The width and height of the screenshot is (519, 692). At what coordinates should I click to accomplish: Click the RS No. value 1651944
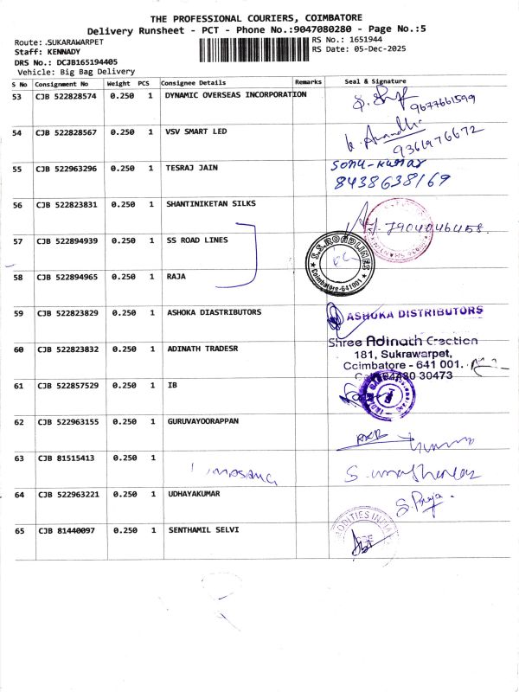(366, 40)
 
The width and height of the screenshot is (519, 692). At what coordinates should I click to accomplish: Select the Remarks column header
(308, 82)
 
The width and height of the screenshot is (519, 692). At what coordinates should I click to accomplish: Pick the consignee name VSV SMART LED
(196, 131)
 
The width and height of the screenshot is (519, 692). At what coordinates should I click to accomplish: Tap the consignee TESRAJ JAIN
(191, 168)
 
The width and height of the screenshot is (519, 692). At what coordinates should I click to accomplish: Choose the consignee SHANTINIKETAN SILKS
(210, 204)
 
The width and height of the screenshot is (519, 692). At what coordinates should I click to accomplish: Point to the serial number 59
(17, 312)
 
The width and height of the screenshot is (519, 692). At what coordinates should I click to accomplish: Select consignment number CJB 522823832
(67, 349)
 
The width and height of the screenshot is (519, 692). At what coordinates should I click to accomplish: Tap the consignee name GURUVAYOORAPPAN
(202, 421)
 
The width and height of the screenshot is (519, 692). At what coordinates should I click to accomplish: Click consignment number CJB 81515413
(65, 458)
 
